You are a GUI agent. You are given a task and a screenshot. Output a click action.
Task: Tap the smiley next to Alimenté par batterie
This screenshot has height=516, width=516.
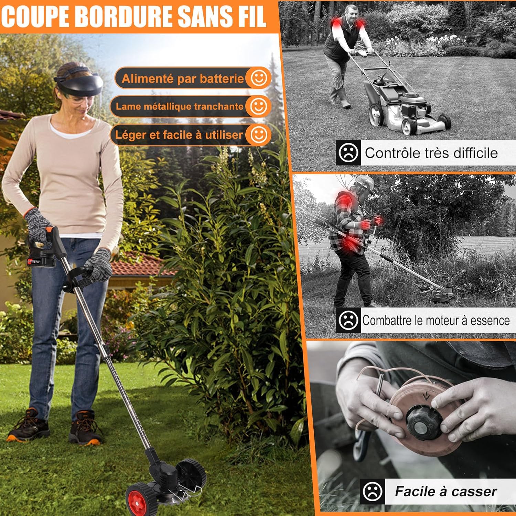coord(259,78)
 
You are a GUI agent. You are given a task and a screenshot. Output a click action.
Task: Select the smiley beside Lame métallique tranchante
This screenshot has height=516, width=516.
coord(259,106)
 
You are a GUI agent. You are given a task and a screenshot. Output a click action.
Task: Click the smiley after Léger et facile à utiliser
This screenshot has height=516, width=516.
coord(259,135)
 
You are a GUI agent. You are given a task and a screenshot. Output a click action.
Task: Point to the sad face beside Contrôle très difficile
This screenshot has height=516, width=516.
coord(348,152)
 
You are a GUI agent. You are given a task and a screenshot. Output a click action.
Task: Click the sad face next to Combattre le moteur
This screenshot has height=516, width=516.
coord(348,320)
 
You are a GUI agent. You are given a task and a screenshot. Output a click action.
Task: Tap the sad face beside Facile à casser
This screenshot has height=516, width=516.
coord(373,491)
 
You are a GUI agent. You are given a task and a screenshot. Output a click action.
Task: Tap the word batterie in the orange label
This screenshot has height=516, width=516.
coord(222,79)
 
